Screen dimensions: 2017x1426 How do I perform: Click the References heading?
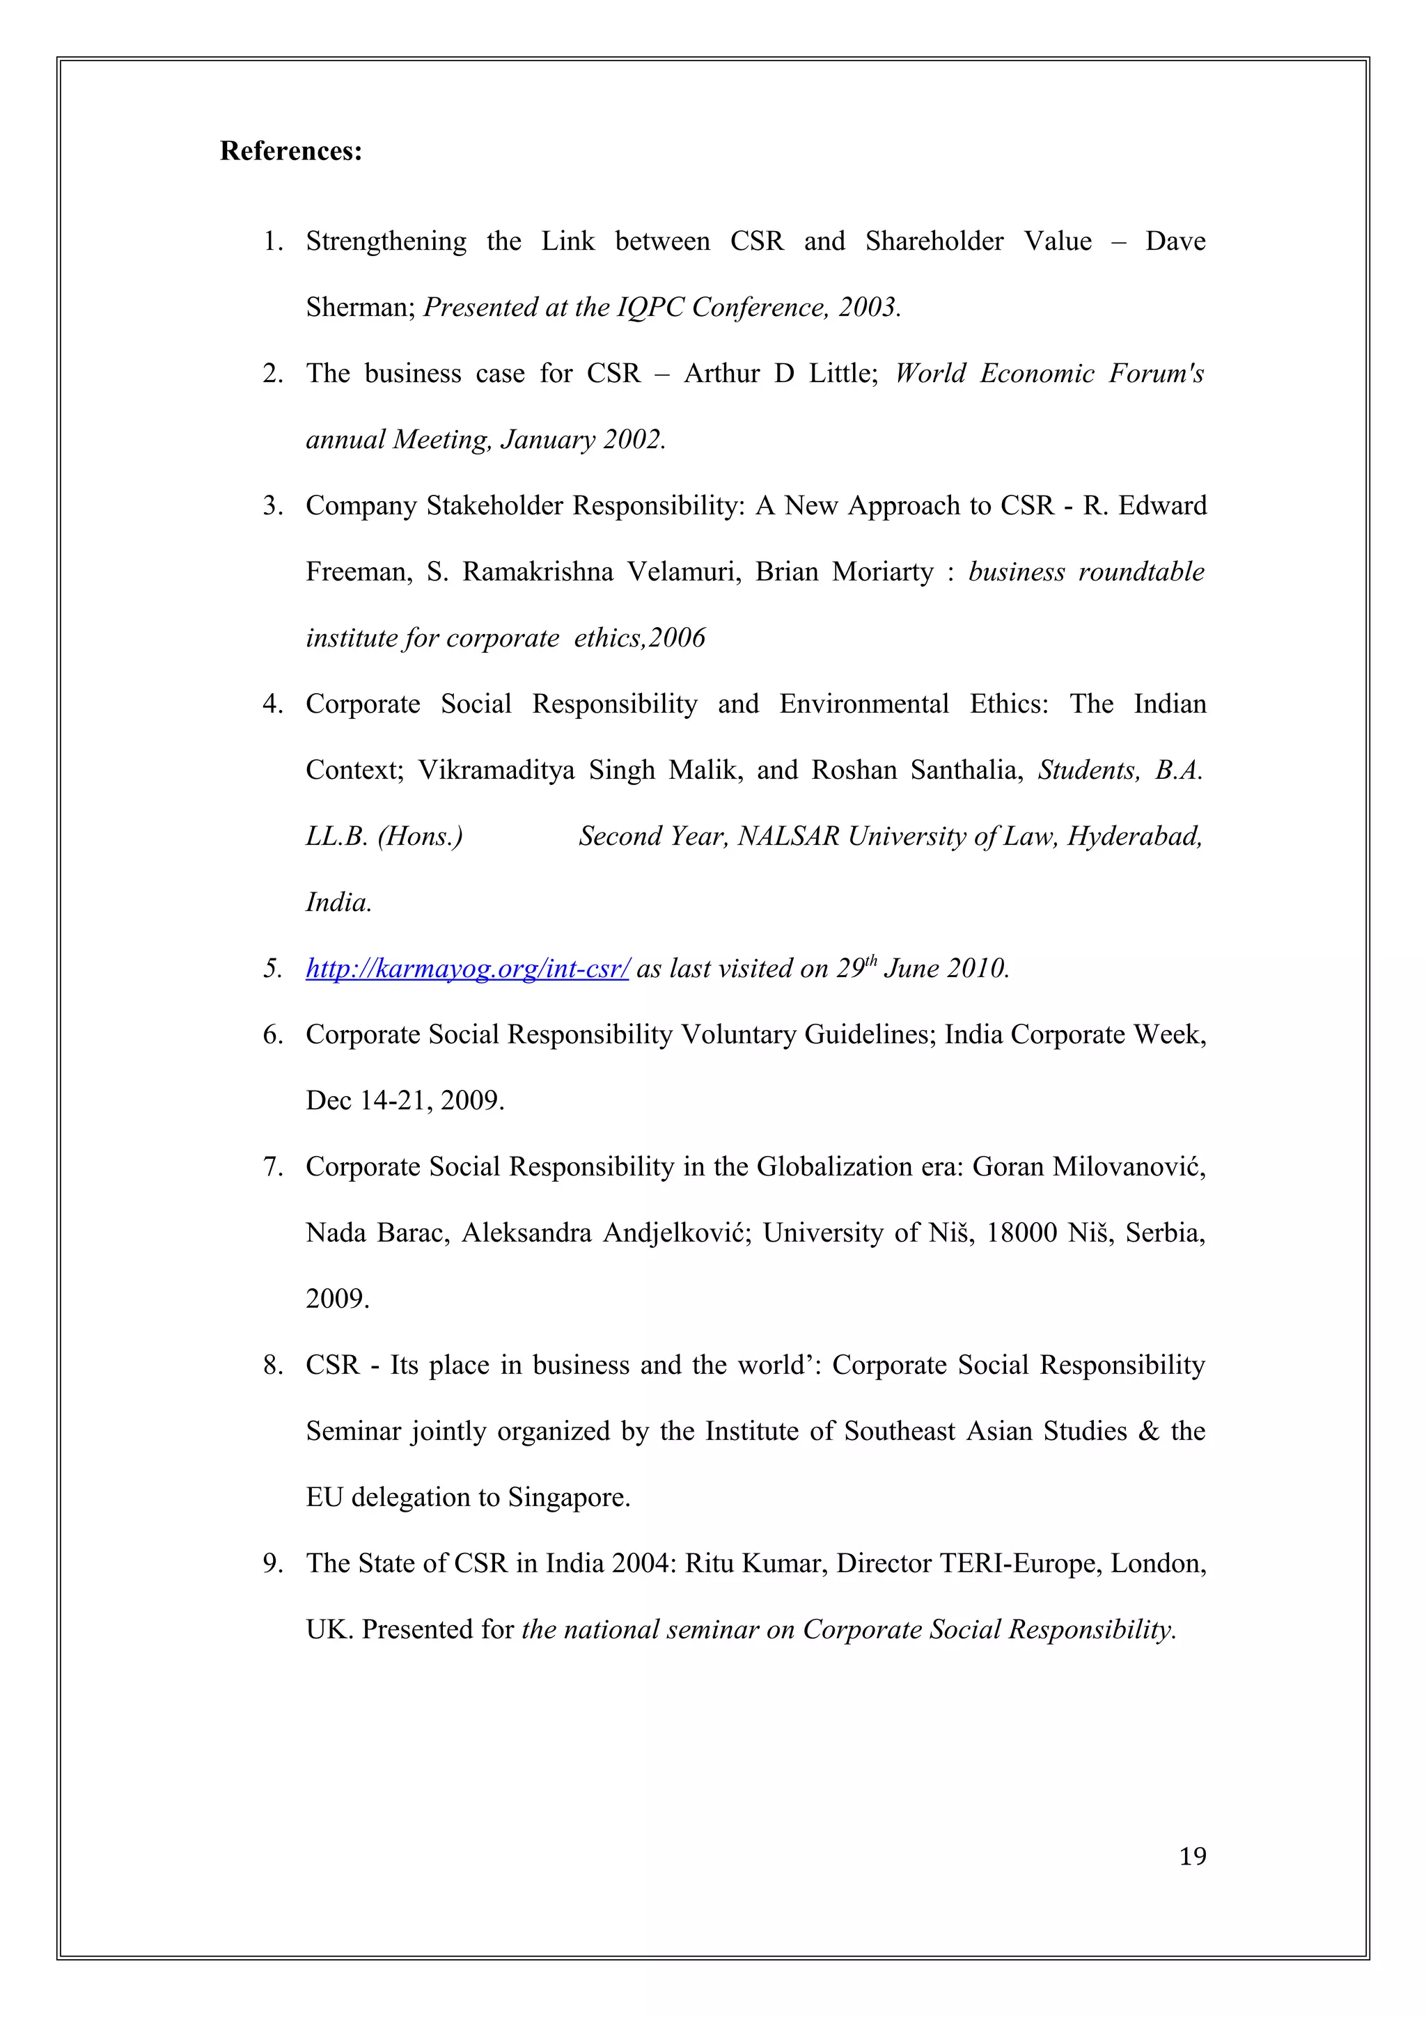point(291,151)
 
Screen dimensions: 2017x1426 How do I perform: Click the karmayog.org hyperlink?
point(467,968)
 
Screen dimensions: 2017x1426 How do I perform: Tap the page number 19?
point(1192,1856)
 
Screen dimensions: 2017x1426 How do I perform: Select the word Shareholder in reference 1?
point(934,241)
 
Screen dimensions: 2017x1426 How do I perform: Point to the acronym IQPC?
point(651,308)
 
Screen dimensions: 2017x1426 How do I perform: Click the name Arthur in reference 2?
point(721,373)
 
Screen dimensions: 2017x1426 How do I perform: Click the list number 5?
point(272,969)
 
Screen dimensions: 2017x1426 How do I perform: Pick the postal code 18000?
point(1021,1233)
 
